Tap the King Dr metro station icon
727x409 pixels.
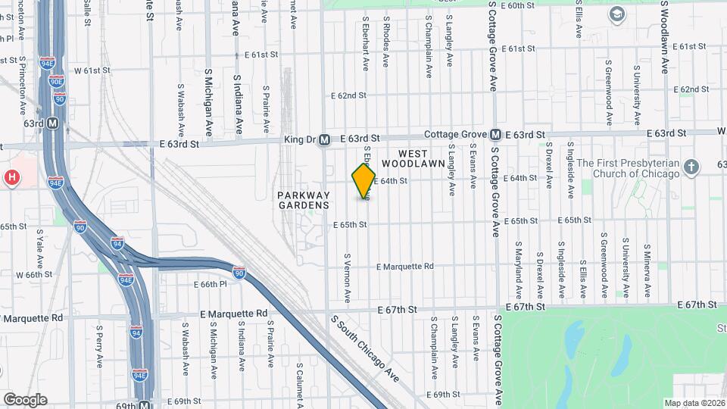pos(324,139)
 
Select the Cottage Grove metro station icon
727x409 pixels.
pos(495,134)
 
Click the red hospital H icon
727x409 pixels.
pos(11,178)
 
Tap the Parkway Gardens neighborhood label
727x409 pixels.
pos(303,200)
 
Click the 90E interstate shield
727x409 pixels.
pos(47,45)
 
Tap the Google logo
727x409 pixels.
pos(24,399)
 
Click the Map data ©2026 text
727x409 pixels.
pos(694,403)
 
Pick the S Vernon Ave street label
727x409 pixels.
pos(348,278)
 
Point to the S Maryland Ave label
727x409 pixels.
pos(519,270)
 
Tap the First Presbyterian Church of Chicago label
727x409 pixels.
pos(628,167)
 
